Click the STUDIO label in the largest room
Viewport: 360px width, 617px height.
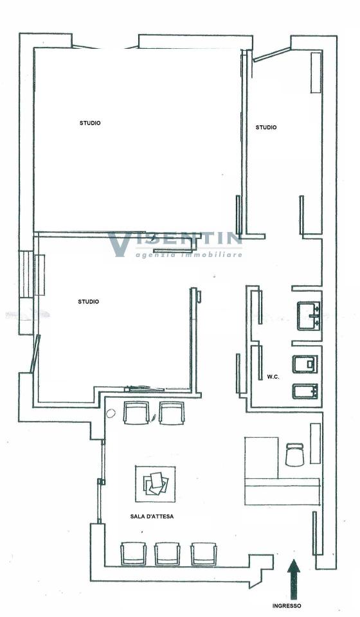[90, 123]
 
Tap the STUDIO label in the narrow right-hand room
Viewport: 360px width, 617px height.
[266, 127]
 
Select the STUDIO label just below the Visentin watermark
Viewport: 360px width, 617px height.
[89, 302]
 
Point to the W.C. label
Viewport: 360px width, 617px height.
[273, 377]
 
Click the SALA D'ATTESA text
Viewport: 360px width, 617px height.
[152, 516]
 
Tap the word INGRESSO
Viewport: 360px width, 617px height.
[287, 606]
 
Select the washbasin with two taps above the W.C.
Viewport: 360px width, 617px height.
[309, 316]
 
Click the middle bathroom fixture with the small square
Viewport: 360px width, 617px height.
[305, 364]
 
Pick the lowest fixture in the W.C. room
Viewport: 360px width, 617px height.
[305, 391]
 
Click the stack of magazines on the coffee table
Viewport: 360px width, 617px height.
[156, 483]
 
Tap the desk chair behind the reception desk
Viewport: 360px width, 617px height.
[294, 454]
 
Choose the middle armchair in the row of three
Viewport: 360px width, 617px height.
[167, 553]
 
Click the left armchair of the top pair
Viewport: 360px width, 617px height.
[136, 413]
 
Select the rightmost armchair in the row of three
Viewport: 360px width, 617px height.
[204, 553]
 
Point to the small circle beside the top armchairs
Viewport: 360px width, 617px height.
[111, 413]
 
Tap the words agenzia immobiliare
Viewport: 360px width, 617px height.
[189, 255]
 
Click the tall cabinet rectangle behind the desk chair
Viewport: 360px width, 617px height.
[316, 443]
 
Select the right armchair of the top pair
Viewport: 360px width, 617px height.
[172, 413]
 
